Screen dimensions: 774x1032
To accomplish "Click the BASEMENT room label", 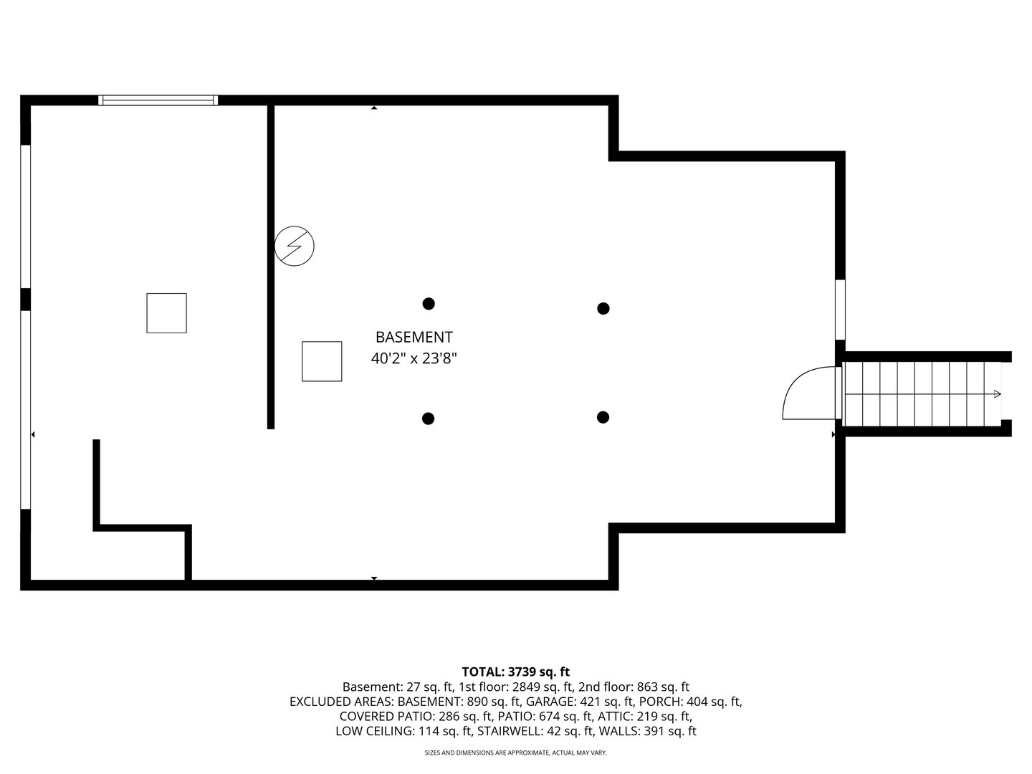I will click(414, 337).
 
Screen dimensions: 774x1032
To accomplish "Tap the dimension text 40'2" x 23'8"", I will click(414, 358).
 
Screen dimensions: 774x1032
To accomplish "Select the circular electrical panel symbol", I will click(295, 246).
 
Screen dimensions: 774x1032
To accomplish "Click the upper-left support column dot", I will click(429, 303).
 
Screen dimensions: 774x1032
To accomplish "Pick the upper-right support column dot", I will click(603, 308).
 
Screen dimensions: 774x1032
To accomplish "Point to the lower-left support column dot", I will click(428, 418).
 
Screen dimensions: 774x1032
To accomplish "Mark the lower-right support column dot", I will click(603, 417).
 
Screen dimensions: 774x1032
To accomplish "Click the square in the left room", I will click(166, 313).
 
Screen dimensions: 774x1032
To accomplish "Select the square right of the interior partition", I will click(322, 361).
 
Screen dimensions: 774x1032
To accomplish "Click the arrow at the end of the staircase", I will click(997, 393).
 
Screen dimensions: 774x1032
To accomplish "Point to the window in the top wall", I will click(158, 100).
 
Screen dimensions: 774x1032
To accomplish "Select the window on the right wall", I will click(840, 310).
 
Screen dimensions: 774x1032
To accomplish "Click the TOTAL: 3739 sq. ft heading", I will click(515, 672).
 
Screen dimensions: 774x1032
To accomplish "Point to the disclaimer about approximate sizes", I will click(515, 753).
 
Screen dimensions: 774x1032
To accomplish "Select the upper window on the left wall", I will click(26, 216).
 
